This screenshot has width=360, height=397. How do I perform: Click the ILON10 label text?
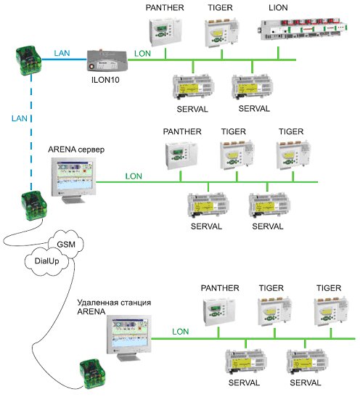pos(105,80)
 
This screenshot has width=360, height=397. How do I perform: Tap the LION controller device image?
pos(303,30)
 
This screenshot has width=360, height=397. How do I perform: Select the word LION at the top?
pos(278,7)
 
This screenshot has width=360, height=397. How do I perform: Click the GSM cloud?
pos(66,244)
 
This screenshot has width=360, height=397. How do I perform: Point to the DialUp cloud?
pos(47,261)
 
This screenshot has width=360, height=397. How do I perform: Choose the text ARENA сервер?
pos(76,150)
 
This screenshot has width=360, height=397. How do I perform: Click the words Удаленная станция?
pos(114,303)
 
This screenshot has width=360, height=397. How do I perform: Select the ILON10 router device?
pos(107,60)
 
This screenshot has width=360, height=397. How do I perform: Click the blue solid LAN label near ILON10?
pos(62,53)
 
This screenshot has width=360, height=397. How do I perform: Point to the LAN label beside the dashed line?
pos(20,118)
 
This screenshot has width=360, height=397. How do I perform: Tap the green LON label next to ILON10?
pos(142,54)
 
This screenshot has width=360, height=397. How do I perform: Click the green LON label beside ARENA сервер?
pos(134,176)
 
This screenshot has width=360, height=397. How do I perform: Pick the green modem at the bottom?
pos(92,374)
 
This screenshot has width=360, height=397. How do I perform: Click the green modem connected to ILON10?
pos(28,60)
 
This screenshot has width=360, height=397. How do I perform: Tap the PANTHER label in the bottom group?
pos(220,288)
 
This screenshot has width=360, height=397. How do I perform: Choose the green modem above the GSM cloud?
pos(34,205)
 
